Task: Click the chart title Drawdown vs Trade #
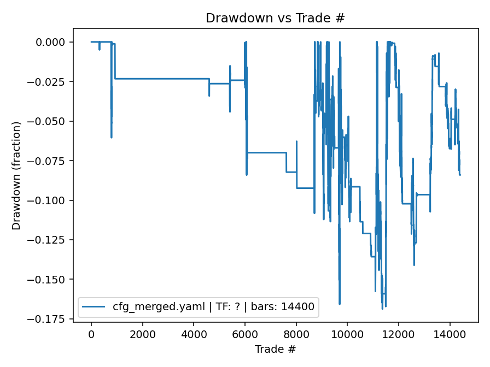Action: (x=275, y=18)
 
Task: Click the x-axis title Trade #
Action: (x=275, y=348)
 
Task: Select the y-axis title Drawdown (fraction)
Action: (x=16, y=175)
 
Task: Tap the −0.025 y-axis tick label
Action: (x=50, y=82)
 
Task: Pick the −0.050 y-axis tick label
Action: (x=50, y=121)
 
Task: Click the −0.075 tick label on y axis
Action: (x=50, y=161)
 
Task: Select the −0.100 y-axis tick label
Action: (x=50, y=200)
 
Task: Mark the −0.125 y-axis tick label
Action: (x=50, y=240)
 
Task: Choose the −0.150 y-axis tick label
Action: (x=50, y=279)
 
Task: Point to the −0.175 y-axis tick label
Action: (x=50, y=319)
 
